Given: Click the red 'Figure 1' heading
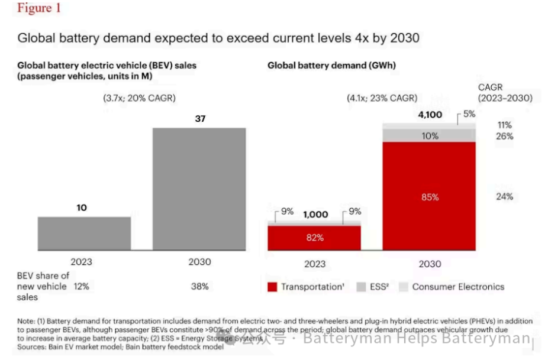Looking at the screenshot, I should pyautogui.click(x=39, y=9).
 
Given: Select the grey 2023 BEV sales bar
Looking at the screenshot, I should pyautogui.click(x=84, y=233).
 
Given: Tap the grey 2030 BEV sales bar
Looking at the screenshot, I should pyautogui.click(x=199, y=189).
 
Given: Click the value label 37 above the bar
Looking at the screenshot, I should pyautogui.click(x=199, y=119).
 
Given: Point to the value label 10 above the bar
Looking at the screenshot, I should pyautogui.click(x=82, y=208).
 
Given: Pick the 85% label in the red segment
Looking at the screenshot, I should pyautogui.click(x=430, y=197).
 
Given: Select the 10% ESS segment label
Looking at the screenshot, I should pyautogui.click(x=430, y=136).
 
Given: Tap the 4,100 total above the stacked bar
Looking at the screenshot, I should pyautogui.click(x=430, y=115).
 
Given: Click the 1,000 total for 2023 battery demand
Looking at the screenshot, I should pyautogui.click(x=315, y=215).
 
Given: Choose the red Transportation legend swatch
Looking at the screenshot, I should pyautogui.click(x=272, y=287).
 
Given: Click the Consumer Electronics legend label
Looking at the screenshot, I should pyautogui.click(x=458, y=287).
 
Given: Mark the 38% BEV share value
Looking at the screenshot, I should pyautogui.click(x=199, y=287).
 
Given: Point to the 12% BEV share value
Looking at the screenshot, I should pyautogui.click(x=82, y=287).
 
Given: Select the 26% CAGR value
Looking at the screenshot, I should pyautogui.click(x=505, y=137).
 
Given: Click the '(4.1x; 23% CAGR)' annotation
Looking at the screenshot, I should pyautogui.click(x=382, y=98).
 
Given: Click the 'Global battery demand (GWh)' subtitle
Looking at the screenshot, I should pyautogui.click(x=331, y=66).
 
